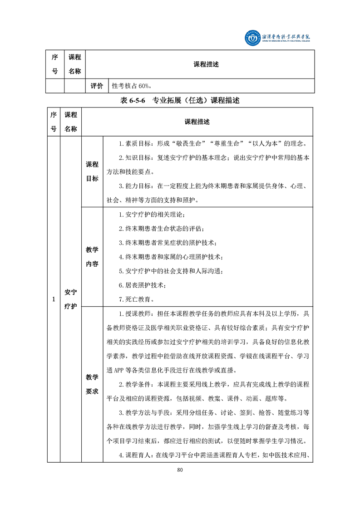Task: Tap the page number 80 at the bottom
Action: pyautogui.click(x=180, y=470)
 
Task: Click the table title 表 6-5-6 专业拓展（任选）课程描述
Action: pyautogui.click(x=180, y=101)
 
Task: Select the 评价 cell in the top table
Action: pyautogui.click(x=97, y=86)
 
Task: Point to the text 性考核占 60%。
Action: pyautogui.click(x=135, y=86)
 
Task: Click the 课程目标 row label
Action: pyautogui.click(x=92, y=172)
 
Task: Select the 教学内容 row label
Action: pyautogui.click(x=92, y=257)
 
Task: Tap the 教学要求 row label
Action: pyautogui.click(x=92, y=384)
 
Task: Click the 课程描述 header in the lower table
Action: pyautogui.click(x=197, y=122)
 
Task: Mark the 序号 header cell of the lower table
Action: pyautogui.click(x=53, y=122)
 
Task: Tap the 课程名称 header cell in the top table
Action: pyautogui.click(x=74, y=64)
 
